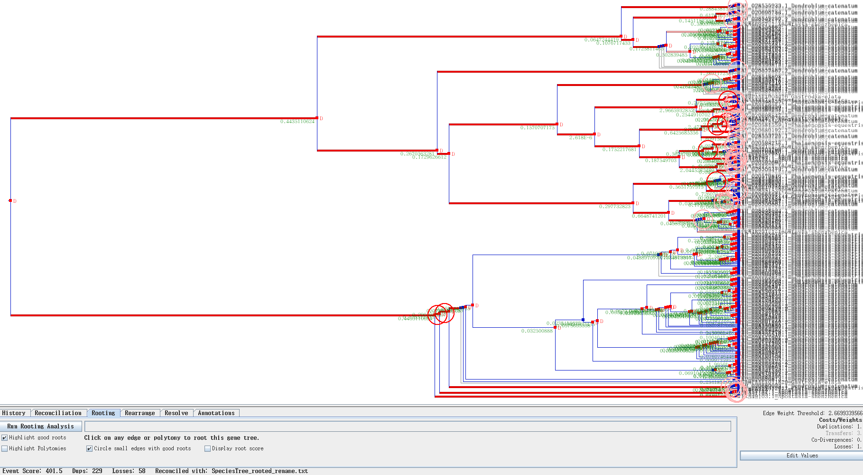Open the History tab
point(14,413)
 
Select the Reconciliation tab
point(58,413)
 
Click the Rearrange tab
point(139,413)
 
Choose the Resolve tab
point(176,413)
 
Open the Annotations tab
point(216,413)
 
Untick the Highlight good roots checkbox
point(5,437)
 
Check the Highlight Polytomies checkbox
point(5,448)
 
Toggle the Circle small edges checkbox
point(89,448)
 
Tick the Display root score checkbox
point(207,448)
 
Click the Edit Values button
point(802,456)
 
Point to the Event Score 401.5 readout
point(32,471)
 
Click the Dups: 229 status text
point(87,471)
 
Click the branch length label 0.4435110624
point(297,122)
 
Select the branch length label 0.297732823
point(614,207)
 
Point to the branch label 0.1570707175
point(537,128)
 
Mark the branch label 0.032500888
point(537,331)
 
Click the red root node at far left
point(10,200)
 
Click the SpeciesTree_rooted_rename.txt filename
point(260,471)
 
